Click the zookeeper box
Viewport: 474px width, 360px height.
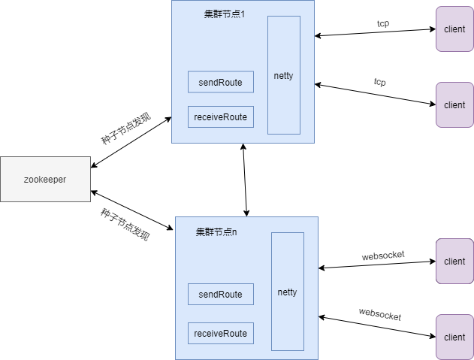[45, 180]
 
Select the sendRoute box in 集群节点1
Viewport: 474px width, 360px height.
[220, 82]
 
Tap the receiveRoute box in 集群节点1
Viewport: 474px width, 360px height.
[220, 117]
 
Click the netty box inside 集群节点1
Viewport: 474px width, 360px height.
[284, 75]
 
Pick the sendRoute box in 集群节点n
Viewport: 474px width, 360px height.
[220, 295]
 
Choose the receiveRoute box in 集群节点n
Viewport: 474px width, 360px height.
[220, 333]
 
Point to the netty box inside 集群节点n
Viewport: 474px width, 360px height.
[287, 292]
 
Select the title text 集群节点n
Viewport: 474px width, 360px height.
[216, 231]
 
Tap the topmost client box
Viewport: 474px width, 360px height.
[454, 29]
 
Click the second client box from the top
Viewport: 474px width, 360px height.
[454, 104]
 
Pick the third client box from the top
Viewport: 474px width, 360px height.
[454, 262]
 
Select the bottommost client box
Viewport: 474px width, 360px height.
[454, 337]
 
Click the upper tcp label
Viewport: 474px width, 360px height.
[383, 23]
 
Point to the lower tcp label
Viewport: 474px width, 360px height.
[380, 81]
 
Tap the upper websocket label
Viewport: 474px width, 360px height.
[383, 255]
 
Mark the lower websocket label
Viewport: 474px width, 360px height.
[379, 314]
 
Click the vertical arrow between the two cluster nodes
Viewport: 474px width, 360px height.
[244, 180]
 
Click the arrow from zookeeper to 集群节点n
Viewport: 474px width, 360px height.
[132, 210]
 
